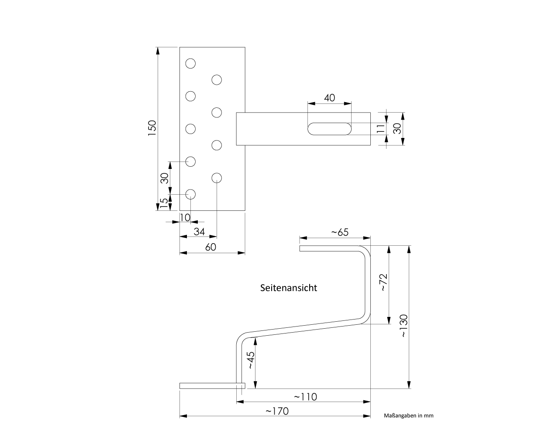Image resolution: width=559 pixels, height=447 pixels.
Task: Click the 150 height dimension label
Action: pyautogui.click(x=152, y=128)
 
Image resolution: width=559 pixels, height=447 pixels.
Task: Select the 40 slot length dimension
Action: pyautogui.click(x=330, y=97)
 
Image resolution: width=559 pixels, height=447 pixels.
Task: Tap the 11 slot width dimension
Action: pyautogui.click(x=380, y=128)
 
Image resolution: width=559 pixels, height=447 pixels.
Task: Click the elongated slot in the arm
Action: pyautogui.click(x=329, y=129)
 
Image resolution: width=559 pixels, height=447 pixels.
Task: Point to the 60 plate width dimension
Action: pyautogui.click(x=210, y=247)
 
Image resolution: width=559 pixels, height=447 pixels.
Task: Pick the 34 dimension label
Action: pyautogui.click(x=199, y=231)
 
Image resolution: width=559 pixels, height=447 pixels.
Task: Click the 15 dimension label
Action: pyautogui.click(x=163, y=203)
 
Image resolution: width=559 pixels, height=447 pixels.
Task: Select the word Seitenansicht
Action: pyautogui.click(x=289, y=288)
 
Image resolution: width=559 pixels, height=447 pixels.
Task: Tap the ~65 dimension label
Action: pyautogui.click(x=339, y=232)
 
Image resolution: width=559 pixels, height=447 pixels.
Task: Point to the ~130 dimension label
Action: pyautogui.click(x=403, y=326)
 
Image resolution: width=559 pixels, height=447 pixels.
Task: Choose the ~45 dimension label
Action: pyautogui.click(x=250, y=361)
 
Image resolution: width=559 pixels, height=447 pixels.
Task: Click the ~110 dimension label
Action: pyautogui.click(x=305, y=397)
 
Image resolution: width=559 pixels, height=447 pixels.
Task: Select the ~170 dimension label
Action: pyautogui.click(x=277, y=411)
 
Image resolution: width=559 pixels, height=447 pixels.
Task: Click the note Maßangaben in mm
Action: pyautogui.click(x=408, y=416)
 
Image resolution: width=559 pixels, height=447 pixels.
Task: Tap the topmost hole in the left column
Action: pyautogui.click(x=190, y=64)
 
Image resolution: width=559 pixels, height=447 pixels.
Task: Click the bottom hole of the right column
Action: pyautogui.click(x=217, y=178)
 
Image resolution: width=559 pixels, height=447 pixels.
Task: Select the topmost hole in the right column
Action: pyautogui.click(x=217, y=80)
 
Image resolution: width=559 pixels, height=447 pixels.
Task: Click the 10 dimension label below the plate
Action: pyautogui.click(x=185, y=217)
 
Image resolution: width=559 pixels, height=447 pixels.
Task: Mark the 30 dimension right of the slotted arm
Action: pyautogui.click(x=397, y=128)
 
